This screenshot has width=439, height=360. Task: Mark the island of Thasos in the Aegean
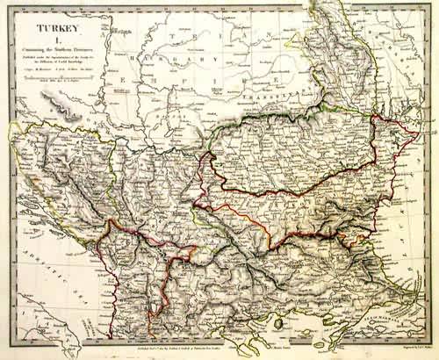click(x=278, y=323)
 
